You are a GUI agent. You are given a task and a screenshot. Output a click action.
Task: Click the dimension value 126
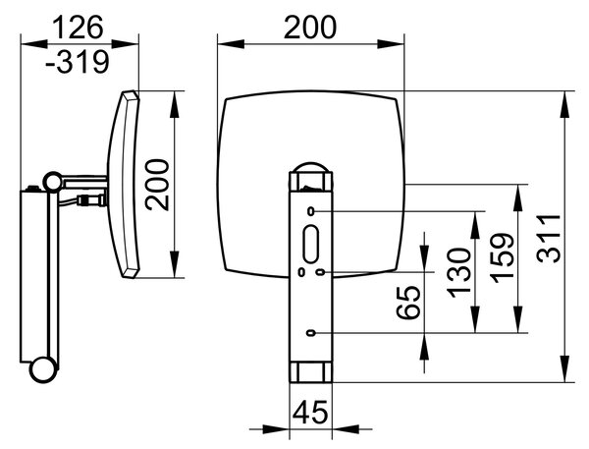coord(78,28)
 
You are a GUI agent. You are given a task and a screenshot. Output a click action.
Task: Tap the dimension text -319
coord(78,62)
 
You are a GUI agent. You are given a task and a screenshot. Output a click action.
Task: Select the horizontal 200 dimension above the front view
coord(310,28)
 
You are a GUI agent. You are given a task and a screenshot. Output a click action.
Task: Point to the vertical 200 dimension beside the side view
coord(157,185)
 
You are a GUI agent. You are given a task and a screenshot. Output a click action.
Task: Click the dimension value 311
coord(549,239)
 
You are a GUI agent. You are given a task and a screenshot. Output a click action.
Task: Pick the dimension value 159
coord(503,258)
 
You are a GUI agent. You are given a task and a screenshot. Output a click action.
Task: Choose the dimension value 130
coord(458,272)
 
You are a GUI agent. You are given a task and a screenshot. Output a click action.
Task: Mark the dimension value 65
coord(408,303)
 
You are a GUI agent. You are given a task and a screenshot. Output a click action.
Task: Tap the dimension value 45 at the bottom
coord(310,412)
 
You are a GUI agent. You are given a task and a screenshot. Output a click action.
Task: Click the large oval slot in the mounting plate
coord(311,244)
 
